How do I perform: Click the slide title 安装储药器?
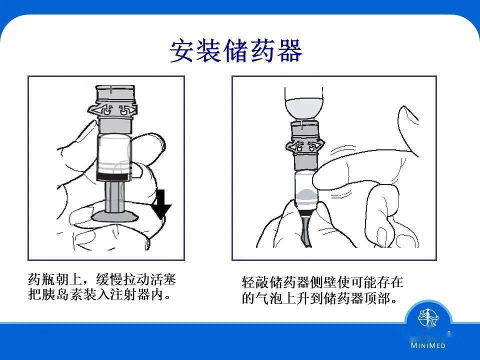pos(236,51)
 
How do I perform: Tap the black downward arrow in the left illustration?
pos(161,204)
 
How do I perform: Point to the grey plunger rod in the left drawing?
pos(114,197)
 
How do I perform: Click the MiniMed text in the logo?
pos(428,345)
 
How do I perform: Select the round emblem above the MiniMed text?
pos(428,317)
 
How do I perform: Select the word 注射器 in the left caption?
pos(130,295)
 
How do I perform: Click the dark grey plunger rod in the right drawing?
pos(305,230)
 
